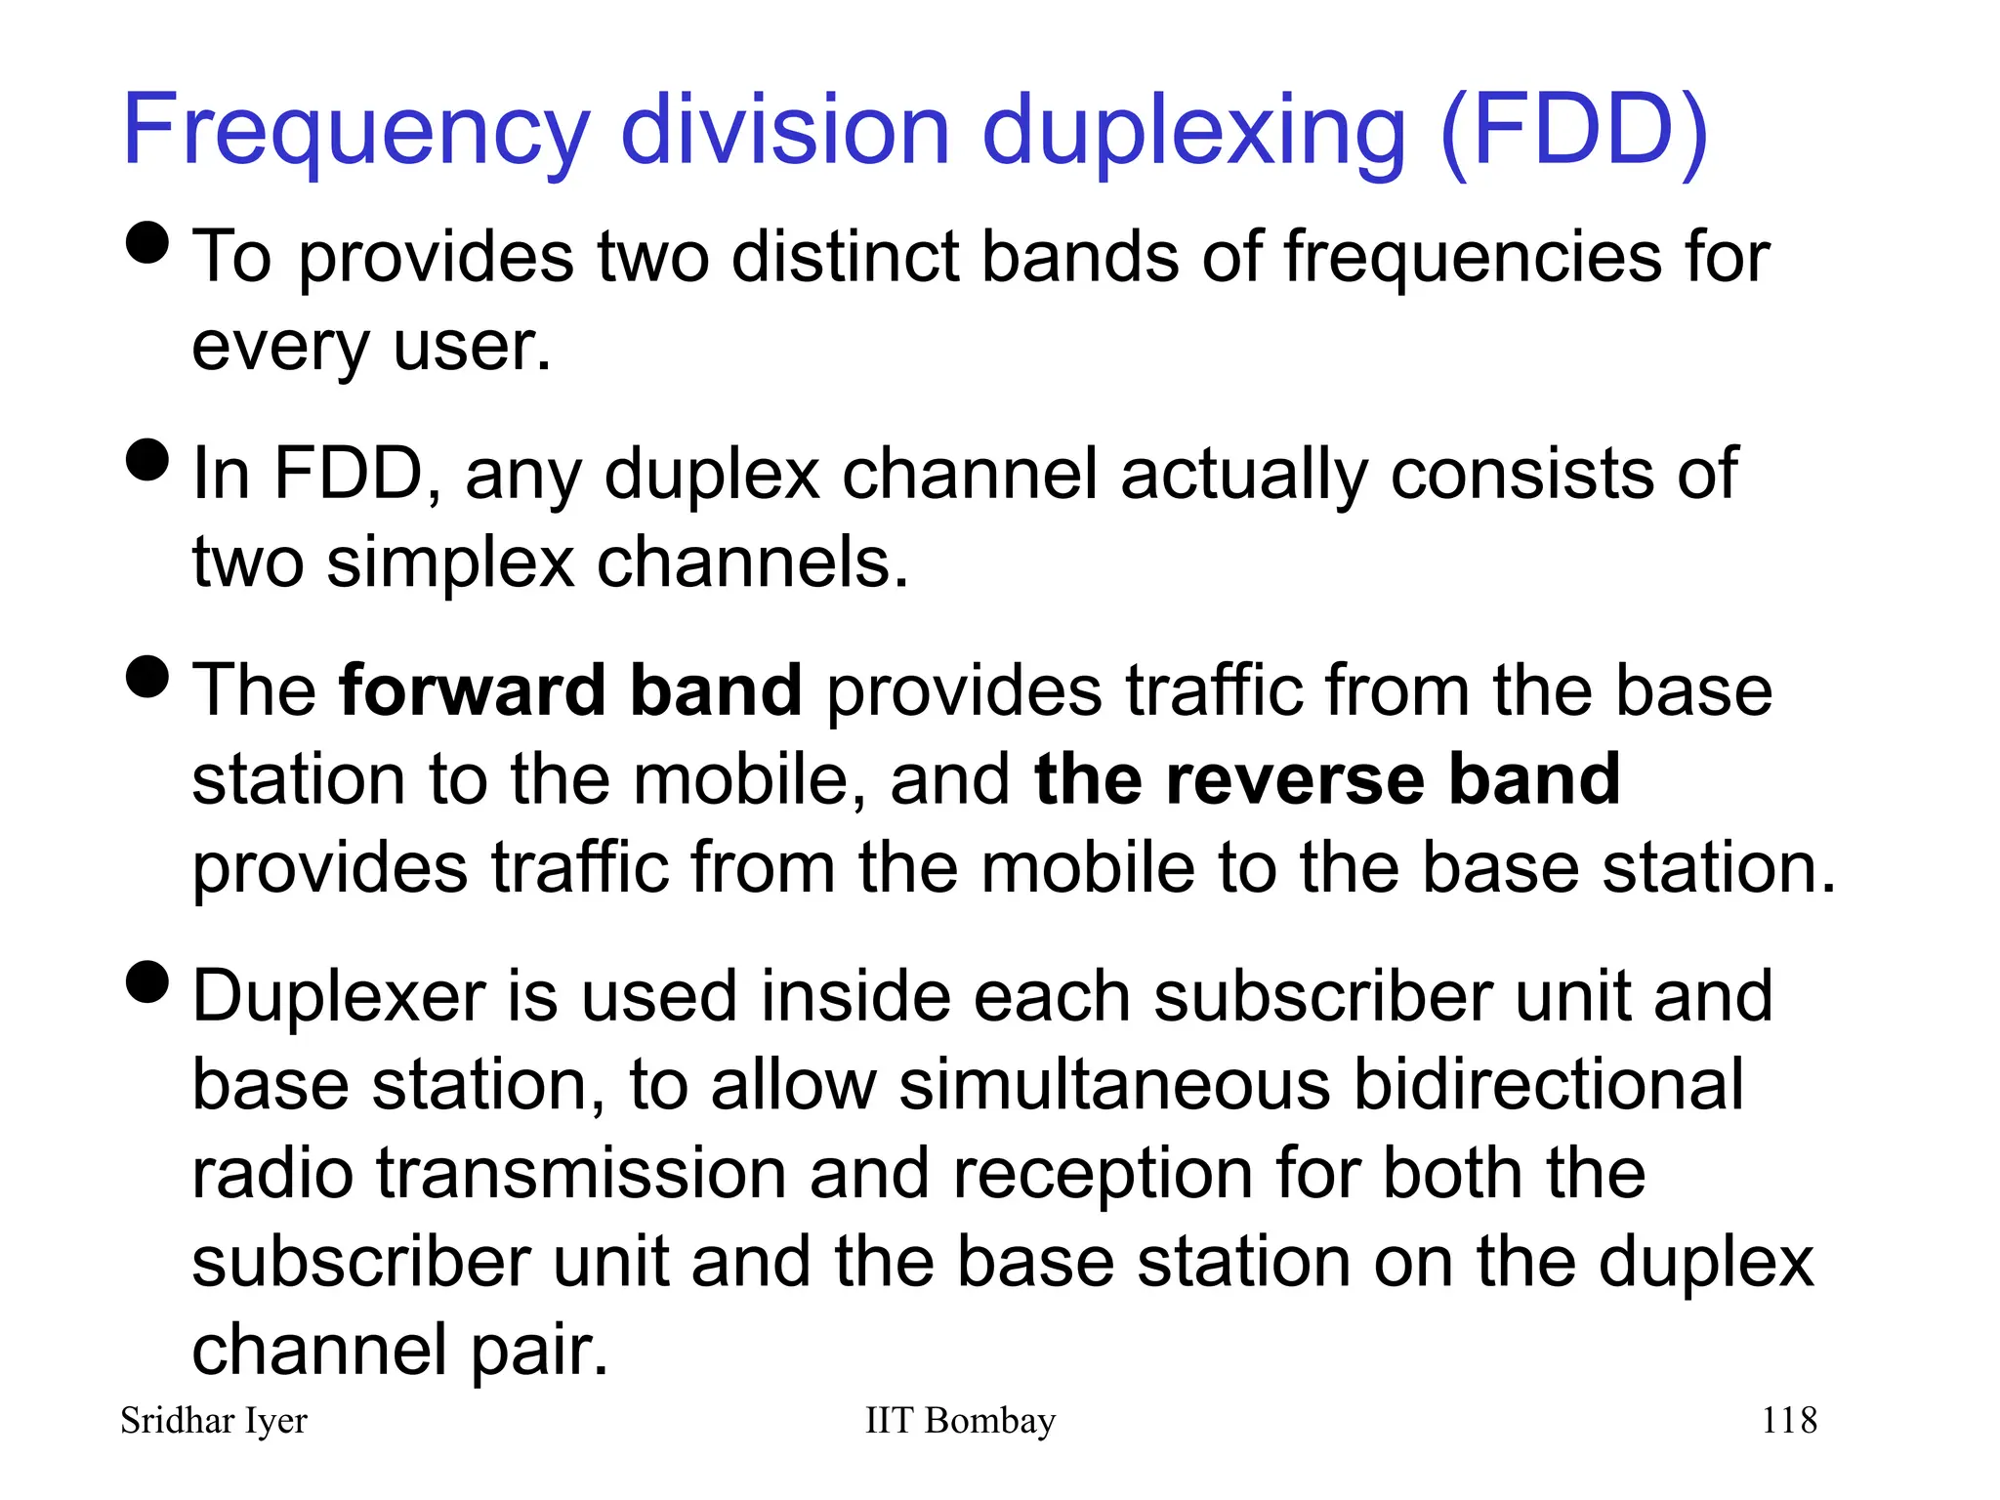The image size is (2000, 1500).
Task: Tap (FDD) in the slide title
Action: [x=1573, y=132]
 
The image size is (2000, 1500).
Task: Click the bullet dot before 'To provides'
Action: [x=148, y=242]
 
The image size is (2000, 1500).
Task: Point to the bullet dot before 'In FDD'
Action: [x=148, y=459]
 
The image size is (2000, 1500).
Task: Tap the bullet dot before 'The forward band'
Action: [x=148, y=676]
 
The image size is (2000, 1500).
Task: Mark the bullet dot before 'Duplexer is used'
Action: [x=148, y=981]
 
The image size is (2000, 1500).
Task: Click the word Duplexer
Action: [x=338, y=997]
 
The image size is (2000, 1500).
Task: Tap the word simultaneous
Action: [x=1114, y=1085]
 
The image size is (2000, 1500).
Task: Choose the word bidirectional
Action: [x=1549, y=1085]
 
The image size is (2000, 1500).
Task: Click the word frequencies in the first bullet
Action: [x=1473, y=258]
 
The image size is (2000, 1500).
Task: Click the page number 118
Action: [x=1789, y=1420]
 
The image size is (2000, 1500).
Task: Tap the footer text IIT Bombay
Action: [x=960, y=1420]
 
